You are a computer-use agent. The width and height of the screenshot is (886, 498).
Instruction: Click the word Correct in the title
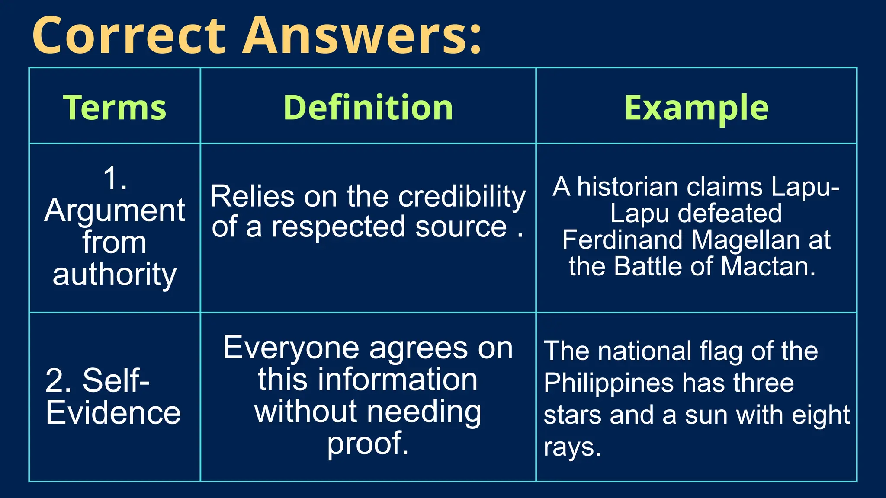(129, 35)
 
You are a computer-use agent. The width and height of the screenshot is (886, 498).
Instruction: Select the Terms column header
(115, 107)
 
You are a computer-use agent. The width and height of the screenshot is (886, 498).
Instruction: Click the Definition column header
(368, 107)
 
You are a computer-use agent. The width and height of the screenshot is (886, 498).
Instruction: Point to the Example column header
(696, 107)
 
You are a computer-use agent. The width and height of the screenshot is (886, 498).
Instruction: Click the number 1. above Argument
(115, 178)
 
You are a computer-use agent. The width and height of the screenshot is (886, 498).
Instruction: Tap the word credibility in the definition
(462, 197)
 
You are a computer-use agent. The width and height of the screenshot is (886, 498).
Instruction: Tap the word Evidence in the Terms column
(113, 413)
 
